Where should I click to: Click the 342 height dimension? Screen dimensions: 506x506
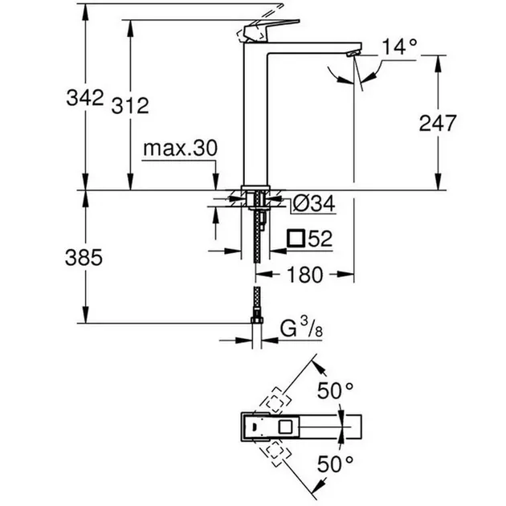pos(85,97)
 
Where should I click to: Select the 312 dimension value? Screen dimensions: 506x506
pos(130,105)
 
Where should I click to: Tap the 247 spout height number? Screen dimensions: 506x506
pos(438,123)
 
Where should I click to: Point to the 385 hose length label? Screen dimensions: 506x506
pos(84,258)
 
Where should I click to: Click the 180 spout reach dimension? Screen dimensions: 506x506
pos(304,275)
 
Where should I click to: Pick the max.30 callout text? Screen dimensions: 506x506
pos(181,149)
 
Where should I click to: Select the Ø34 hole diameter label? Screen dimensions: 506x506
pos(314,204)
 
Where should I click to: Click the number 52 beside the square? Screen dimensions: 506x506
pos(320,239)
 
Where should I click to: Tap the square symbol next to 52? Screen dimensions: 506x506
pos(296,239)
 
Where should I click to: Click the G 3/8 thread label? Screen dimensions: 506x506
pos(301,328)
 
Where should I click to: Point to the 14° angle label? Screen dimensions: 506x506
pos(399,47)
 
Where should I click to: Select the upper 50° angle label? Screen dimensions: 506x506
pos(335,391)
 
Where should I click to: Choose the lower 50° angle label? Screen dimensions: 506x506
pos(335,464)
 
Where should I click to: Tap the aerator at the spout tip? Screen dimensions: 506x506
pos(353,54)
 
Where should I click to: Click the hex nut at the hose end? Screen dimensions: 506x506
pos(257,320)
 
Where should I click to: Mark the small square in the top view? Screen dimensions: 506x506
pos(285,427)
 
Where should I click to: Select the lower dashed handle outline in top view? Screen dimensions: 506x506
pos(274,453)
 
